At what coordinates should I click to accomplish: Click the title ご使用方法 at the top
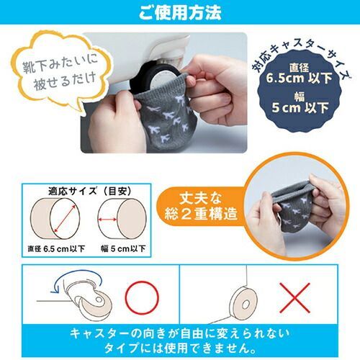[180, 12]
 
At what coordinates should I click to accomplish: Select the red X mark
[294, 297]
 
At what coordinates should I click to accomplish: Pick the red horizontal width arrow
[107, 219]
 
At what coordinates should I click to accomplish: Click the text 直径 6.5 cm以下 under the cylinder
[56, 249]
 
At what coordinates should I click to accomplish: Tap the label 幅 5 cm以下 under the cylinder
[123, 248]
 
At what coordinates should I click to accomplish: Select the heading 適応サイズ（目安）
[90, 192]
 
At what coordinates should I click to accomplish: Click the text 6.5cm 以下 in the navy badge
[299, 78]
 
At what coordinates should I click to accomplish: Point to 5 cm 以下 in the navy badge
[300, 107]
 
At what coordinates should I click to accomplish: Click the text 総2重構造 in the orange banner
[201, 214]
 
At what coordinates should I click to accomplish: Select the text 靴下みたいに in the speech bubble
[60, 64]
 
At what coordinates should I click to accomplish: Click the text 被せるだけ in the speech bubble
[64, 81]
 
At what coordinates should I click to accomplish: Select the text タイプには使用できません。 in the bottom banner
[181, 348]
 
